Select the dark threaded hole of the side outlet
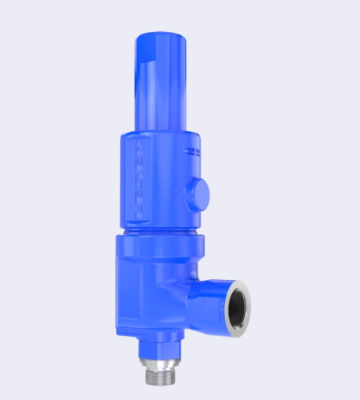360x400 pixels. [238, 305]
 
